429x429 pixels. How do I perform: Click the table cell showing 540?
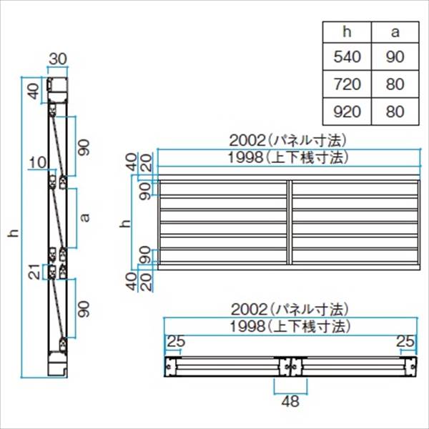[347, 57]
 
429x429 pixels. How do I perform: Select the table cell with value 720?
[347, 84]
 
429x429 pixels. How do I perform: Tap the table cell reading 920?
[347, 112]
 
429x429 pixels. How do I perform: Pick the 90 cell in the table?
[395, 57]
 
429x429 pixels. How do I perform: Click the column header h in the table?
[347, 32]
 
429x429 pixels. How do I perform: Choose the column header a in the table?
[395, 32]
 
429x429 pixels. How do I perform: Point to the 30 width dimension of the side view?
[58, 59]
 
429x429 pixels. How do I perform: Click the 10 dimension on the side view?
[38, 163]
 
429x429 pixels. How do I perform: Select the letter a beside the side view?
[86, 217]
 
